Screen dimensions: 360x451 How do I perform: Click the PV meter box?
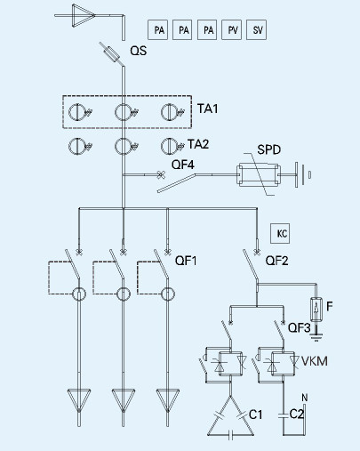tap(231, 29)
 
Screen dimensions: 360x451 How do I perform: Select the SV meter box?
tap(256, 29)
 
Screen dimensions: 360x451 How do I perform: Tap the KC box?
tap(280, 234)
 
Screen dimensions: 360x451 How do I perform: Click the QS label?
tap(139, 51)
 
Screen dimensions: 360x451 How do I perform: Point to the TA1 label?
tap(208, 109)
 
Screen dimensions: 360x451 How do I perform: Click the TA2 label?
tap(198, 144)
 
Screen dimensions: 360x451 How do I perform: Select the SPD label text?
tap(268, 149)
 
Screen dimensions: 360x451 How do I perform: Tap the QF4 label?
tap(183, 165)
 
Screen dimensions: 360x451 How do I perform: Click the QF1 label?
tap(186, 261)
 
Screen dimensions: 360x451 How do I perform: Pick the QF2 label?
tap(276, 261)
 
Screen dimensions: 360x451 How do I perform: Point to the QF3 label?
tap(300, 328)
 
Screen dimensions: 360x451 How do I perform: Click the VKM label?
tap(315, 361)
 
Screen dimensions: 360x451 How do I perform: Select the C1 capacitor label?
tap(255, 415)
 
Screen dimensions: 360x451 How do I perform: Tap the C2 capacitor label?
tap(297, 415)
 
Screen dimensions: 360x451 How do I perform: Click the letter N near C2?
tap(305, 398)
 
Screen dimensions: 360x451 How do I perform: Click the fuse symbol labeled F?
tap(316, 309)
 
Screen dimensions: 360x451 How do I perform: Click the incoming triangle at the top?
tap(83, 15)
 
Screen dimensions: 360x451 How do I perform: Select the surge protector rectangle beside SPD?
tap(258, 175)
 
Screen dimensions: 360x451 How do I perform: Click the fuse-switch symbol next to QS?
tap(112, 54)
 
